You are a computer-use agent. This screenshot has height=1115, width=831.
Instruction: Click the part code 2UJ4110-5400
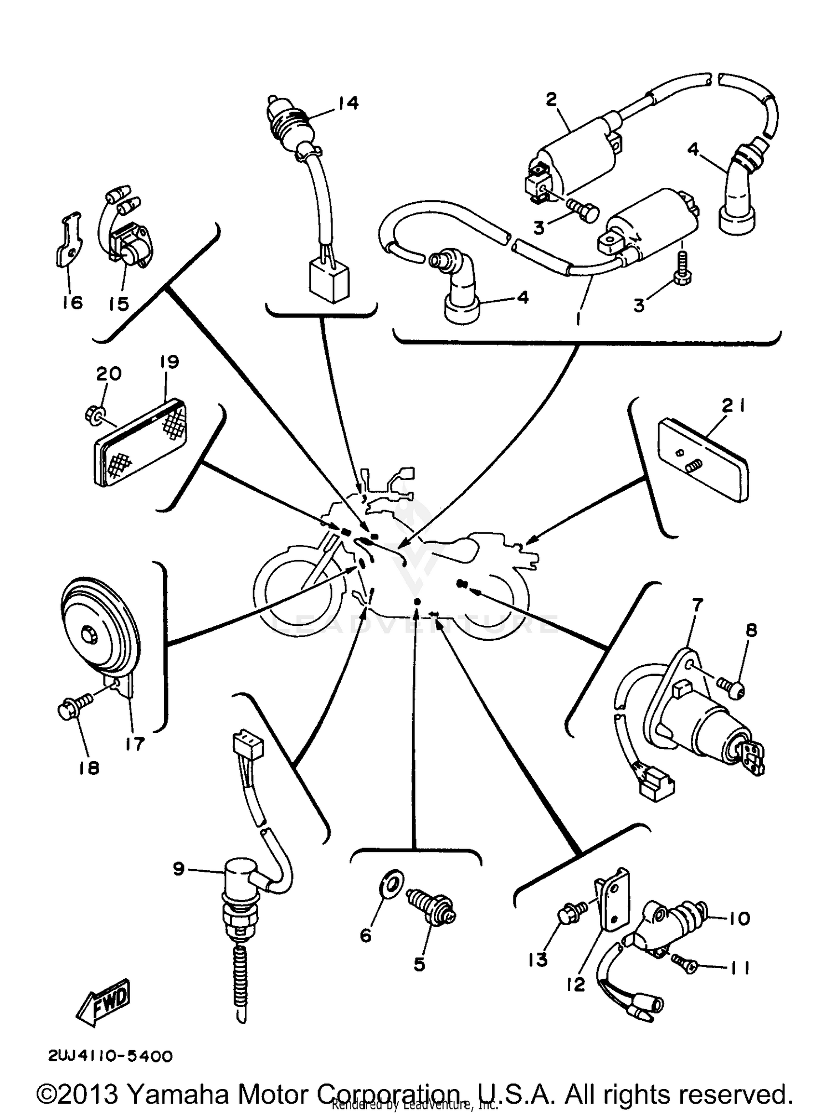[110, 1056]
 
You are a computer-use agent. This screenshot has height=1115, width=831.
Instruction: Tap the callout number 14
[348, 103]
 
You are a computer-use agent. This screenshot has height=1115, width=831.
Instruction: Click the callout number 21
[733, 407]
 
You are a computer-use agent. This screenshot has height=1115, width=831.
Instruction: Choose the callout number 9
[178, 869]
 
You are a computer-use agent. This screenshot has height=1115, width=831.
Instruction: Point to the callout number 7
[696, 604]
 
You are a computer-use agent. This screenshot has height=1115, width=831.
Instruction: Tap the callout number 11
[738, 967]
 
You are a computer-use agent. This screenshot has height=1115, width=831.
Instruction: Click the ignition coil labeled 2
[576, 152]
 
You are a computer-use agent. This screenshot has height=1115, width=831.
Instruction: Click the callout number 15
[119, 303]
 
